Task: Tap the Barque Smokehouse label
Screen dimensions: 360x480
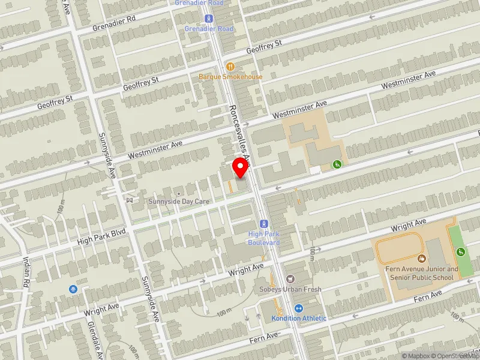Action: click(231, 77)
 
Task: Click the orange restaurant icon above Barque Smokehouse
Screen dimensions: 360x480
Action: click(230, 66)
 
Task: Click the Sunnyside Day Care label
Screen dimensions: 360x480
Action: click(179, 202)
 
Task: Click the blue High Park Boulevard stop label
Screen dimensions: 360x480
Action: click(264, 238)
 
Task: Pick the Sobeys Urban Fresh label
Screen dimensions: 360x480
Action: click(291, 289)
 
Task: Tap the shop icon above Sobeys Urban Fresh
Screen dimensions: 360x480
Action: click(291, 278)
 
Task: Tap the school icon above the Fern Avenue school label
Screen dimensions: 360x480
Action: click(422, 259)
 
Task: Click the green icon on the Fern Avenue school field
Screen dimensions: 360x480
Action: click(461, 252)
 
